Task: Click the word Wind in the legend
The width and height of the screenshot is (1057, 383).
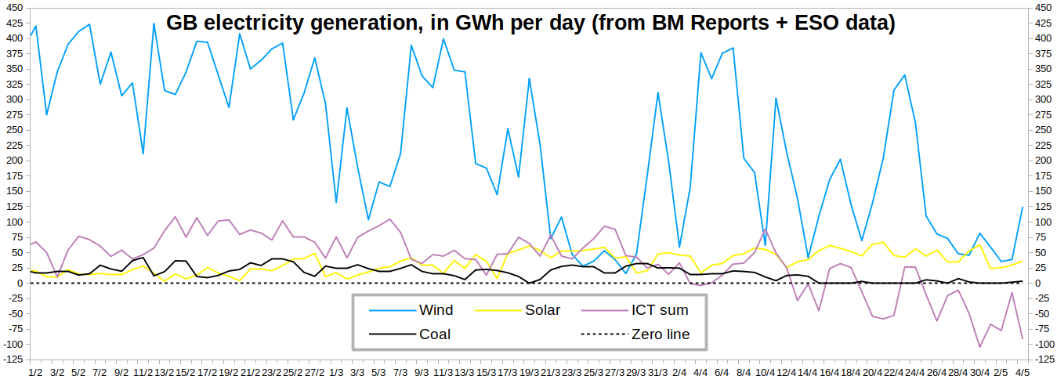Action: pos(436,310)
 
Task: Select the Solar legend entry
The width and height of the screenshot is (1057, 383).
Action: pos(542,310)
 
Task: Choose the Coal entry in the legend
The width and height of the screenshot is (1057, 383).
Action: pos(435,334)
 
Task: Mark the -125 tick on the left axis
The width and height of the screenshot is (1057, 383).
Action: pos(13,360)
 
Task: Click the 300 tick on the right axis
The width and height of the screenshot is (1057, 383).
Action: pos(1042,99)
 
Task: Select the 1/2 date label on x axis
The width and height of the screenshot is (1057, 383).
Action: pos(35,372)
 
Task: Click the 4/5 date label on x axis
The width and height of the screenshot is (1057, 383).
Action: pos(1023,372)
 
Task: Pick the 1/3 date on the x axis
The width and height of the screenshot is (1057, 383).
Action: pos(336,372)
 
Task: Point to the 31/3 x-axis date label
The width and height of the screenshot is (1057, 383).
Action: pos(658,372)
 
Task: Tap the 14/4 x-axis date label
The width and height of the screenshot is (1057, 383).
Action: pos(808,372)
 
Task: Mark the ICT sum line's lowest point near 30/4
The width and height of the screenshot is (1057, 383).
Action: pos(979,346)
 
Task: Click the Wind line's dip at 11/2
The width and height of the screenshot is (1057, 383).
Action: pos(143,154)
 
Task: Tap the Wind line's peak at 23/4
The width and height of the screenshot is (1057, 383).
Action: pos(904,75)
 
